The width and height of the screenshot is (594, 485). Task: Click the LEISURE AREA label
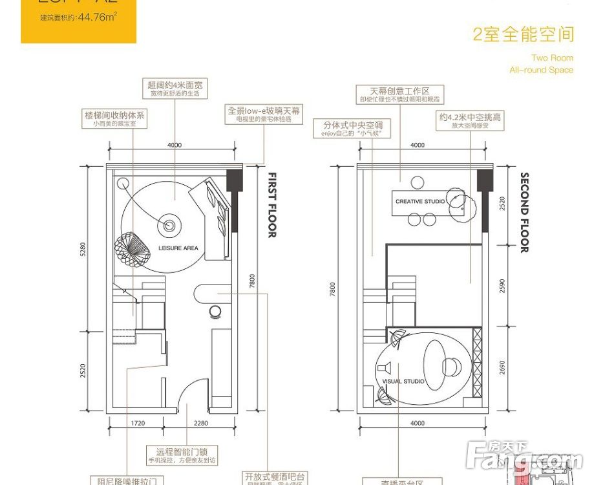coord(178,248)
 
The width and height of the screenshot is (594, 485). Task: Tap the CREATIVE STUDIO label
coord(420,202)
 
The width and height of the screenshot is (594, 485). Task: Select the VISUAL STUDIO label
coord(403,382)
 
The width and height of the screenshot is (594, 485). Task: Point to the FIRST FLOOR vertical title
coord(272,205)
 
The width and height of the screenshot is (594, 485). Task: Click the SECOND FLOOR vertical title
coord(525,212)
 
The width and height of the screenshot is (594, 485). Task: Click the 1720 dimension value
coord(136,424)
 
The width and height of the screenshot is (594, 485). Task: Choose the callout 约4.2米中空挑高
coord(470,121)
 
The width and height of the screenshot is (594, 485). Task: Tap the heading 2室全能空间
coord(523,35)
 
